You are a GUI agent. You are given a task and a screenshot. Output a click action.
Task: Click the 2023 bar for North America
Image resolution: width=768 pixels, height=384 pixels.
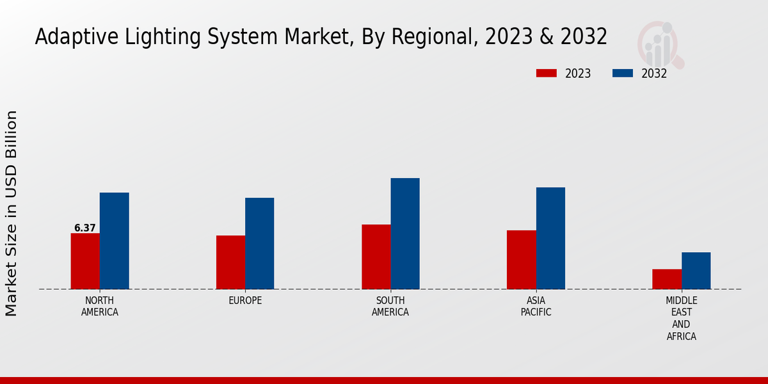point(85,260)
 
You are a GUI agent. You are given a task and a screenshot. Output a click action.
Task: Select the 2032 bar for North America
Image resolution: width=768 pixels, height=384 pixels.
point(114,241)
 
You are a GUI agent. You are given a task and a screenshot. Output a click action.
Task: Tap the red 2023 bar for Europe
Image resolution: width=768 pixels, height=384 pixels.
point(230,262)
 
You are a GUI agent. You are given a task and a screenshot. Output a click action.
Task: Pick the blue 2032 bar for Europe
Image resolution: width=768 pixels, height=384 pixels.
point(259,243)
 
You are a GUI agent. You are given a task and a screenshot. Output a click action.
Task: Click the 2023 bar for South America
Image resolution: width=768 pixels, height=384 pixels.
point(376,256)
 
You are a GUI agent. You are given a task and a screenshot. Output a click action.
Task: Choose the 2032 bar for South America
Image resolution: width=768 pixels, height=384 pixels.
point(405,233)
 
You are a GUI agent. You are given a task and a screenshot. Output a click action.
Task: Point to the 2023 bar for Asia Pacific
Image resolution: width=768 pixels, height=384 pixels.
point(521,259)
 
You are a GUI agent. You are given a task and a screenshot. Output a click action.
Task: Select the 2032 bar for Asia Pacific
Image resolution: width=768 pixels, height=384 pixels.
point(550,238)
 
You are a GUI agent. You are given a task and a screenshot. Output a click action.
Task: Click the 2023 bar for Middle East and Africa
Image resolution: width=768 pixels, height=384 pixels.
point(667,278)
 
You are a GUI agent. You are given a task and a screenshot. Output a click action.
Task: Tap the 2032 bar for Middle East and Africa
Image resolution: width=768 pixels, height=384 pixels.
point(696,270)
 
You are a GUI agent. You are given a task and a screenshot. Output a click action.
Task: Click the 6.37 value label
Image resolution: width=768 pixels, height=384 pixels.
point(85,228)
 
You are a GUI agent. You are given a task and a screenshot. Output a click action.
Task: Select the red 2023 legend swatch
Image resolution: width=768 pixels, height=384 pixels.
point(546,73)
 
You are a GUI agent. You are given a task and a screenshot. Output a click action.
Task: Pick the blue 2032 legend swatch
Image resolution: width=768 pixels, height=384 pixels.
point(622,73)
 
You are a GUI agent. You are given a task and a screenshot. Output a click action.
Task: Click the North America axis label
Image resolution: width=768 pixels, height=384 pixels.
point(100,307)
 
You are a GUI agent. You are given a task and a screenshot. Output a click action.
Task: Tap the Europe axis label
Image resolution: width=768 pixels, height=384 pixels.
point(245,301)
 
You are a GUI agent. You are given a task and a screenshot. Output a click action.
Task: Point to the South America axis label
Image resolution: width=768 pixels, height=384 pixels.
point(390,307)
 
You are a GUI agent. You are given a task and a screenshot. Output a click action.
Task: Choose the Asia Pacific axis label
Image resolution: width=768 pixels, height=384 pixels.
point(536,307)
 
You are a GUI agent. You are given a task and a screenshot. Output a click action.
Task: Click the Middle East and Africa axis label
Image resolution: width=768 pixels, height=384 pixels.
point(681,318)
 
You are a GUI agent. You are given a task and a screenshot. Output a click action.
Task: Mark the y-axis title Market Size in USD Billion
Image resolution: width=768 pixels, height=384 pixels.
point(12,213)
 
